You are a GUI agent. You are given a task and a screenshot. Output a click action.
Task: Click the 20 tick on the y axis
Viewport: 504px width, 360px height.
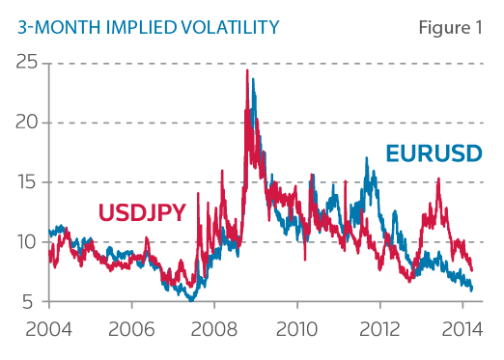point(31,123)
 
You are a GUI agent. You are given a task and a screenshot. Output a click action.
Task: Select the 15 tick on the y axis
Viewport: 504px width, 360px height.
point(31,182)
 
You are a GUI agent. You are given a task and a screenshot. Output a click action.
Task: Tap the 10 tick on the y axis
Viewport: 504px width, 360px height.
point(31,242)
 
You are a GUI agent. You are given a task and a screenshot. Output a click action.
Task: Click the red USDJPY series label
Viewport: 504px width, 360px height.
point(141,211)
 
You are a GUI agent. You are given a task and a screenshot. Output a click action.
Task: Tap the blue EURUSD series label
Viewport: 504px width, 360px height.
point(434,153)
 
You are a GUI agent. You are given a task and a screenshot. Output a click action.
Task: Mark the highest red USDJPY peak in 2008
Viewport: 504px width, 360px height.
point(247,70)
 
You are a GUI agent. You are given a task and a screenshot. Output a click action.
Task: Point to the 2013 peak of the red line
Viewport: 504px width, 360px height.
point(438,179)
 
